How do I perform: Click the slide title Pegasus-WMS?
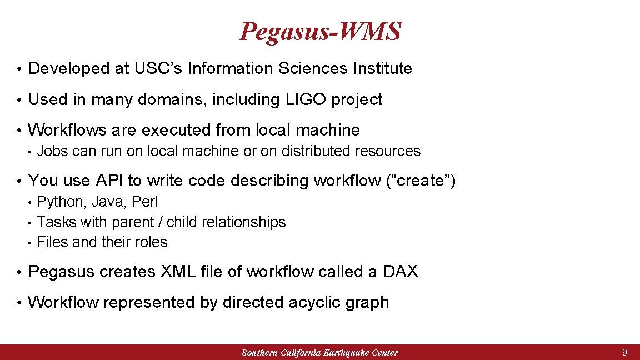[x=320, y=32]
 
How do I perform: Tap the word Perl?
[x=145, y=202]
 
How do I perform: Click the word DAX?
[x=401, y=272]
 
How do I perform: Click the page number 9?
[x=625, y=353]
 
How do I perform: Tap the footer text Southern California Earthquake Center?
[x=320, y=353]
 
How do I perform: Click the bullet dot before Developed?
[x=19, y=69]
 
